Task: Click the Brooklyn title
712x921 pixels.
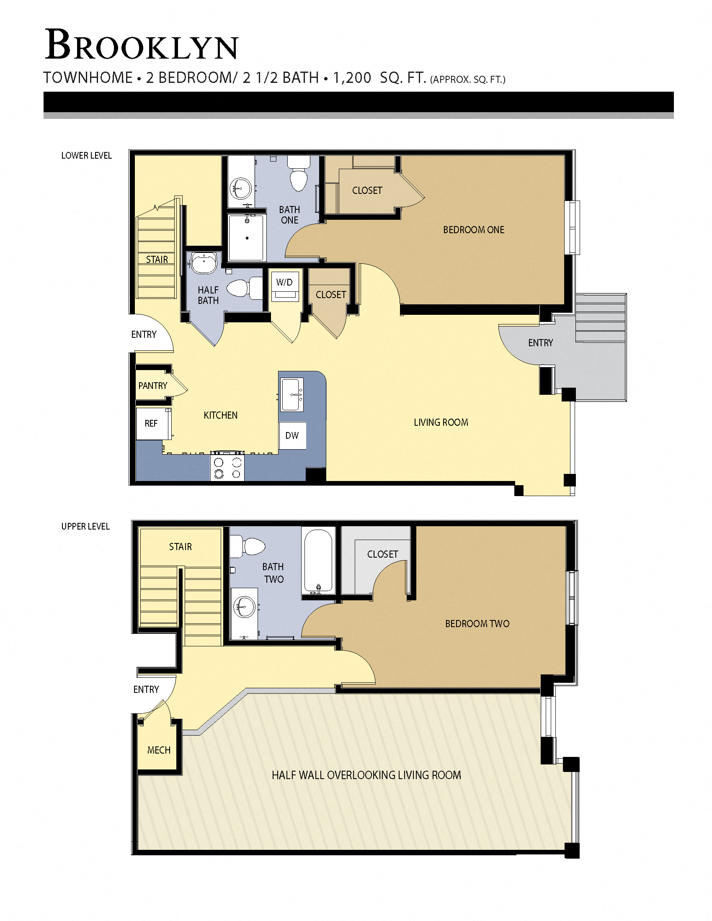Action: pyautogui.click(x=142, y=46)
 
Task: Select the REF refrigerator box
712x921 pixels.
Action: pyautogui.click(x=151, y=423)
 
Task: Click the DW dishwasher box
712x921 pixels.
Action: pyautogui.click(x=292, y=436)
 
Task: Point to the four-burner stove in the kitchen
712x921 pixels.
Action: pyautogui.click(x=227, y=466)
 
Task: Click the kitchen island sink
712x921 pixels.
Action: pyautogui.click(x=292, y=395)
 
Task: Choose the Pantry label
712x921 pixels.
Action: pyautogui.click(x=153, y=386)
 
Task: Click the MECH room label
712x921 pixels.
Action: pyautogui.click(x=159, y=750)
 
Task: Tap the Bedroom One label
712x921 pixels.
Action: pyautogui.click(x=473, y=230)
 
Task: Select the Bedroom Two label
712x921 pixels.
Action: pyautogui.click(x=477, y=624)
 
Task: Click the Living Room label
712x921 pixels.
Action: pyautogui.click(x=441, y=422)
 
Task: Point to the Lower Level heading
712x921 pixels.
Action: pyautogui.click(x=86, y=156)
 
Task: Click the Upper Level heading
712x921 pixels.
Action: pyautogui.click(x=85, y=527)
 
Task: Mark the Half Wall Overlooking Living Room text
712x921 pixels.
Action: pyautogui.click(x=366, y=775)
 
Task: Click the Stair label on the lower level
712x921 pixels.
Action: pyautogui.click(x=157, y=260)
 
